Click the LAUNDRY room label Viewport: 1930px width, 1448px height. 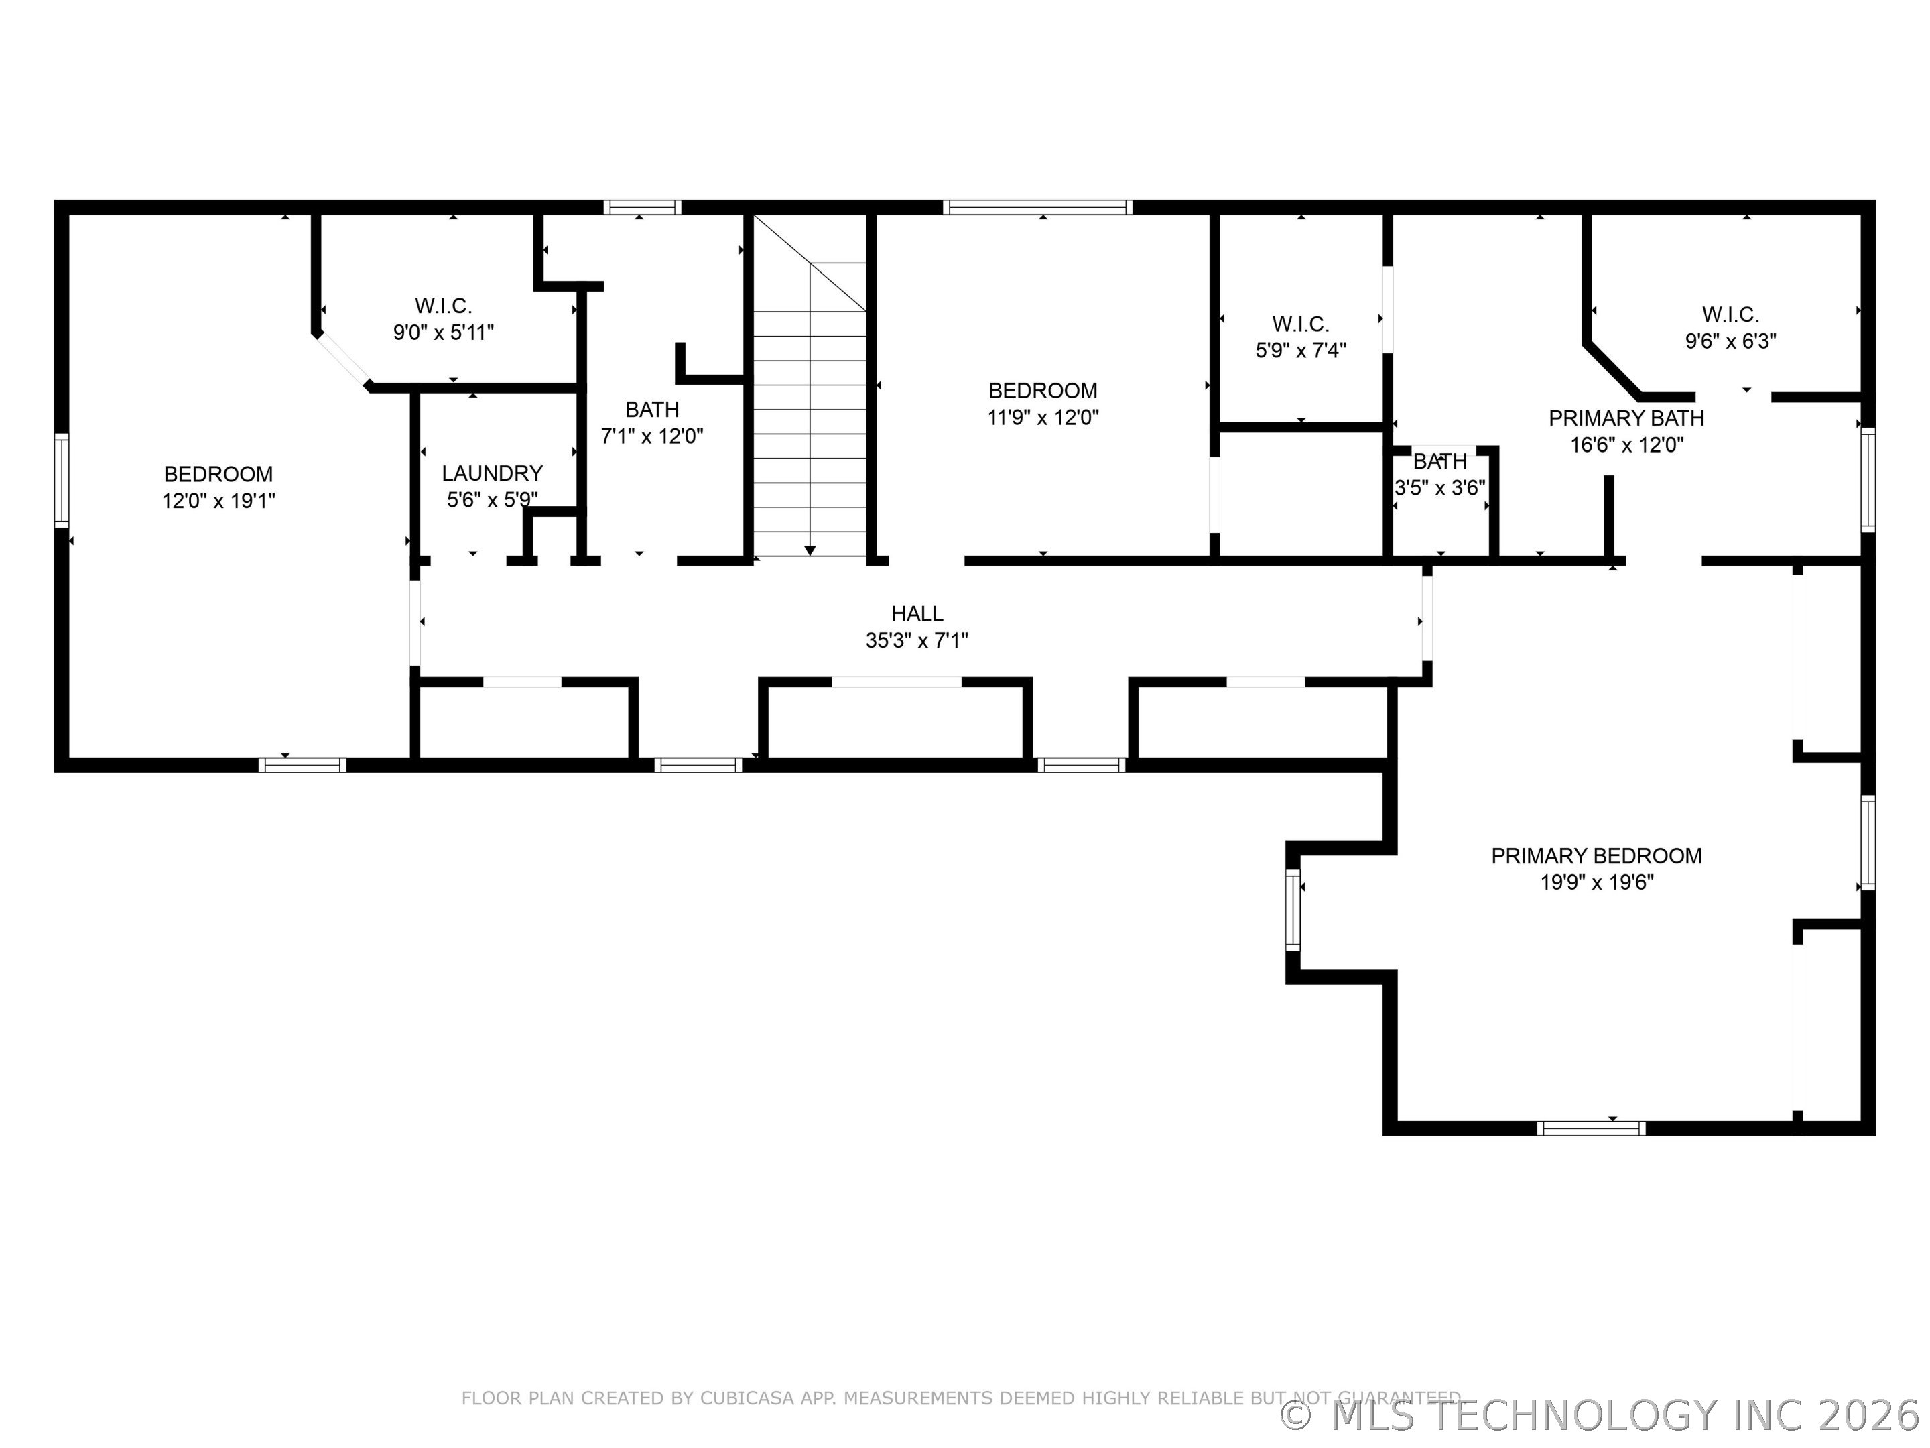click(x=492, y=473)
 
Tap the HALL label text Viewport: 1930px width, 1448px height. click(x=916, y=613)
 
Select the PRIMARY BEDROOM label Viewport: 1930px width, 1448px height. click(x=1596, y=855)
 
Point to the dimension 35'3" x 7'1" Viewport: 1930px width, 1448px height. click(x=916, y=641)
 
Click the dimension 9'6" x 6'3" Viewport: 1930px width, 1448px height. click(x=1730, y=341)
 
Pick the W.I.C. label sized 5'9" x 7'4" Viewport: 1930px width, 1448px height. click(x=1300, y=324)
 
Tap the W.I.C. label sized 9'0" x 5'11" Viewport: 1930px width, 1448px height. click(x=443, y=306)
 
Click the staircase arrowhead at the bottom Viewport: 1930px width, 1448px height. click(x=810, y=550)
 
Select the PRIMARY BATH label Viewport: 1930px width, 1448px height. click(x=1626, y=418)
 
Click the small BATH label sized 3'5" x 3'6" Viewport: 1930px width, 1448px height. click(x=1439, y=461)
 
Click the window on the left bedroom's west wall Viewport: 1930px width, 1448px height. click(x=61, y=480)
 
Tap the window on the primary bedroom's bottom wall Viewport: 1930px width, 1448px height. click(x=1591, y=1128)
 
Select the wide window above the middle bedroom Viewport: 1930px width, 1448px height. click(x=1037, y=208)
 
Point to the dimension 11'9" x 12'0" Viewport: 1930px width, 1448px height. click(x=1043, y=417)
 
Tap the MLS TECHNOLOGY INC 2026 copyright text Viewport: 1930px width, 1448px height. click(x=1602, y=1415)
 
